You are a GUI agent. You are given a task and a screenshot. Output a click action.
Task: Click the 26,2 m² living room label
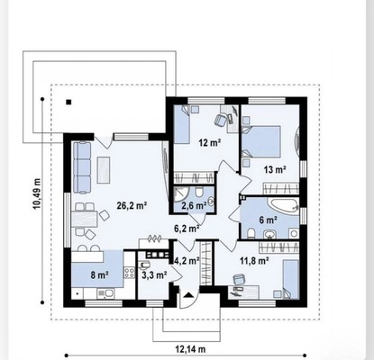coord(132,205)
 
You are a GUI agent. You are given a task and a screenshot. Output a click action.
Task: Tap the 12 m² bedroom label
coord(210,142)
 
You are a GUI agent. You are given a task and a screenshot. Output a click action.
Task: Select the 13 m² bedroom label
coord(275,169)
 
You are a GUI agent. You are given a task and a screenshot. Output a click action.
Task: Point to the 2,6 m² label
coord(194,206)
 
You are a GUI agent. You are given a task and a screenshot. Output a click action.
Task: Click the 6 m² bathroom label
coord(268,220)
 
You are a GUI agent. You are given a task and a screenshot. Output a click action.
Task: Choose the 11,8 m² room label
coord(254,261)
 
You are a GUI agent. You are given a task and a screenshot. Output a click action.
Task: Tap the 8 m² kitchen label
coord(99,274)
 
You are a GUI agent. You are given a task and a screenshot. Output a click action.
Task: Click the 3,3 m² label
coord(154,274)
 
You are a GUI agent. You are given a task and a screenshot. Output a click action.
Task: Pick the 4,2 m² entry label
coord(187,260)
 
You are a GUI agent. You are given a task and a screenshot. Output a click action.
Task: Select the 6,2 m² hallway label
coord(187,229)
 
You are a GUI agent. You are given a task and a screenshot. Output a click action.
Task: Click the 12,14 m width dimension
coord(190,349)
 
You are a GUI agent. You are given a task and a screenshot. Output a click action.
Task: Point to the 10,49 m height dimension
coord(37,193)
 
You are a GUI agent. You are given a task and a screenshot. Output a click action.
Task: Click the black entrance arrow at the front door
coord(188,294)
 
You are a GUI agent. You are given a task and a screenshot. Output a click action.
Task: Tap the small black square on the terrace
coord(68,102)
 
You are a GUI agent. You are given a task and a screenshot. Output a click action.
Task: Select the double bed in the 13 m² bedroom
coord(261,141)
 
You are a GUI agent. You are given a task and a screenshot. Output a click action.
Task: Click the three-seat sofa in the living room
coord(82,167)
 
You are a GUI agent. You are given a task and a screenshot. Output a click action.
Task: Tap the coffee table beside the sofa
coord(104,170)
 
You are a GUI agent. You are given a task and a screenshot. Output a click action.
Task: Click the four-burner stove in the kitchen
coord(130,273)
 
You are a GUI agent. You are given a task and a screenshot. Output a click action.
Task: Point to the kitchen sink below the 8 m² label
coord(105,293)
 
